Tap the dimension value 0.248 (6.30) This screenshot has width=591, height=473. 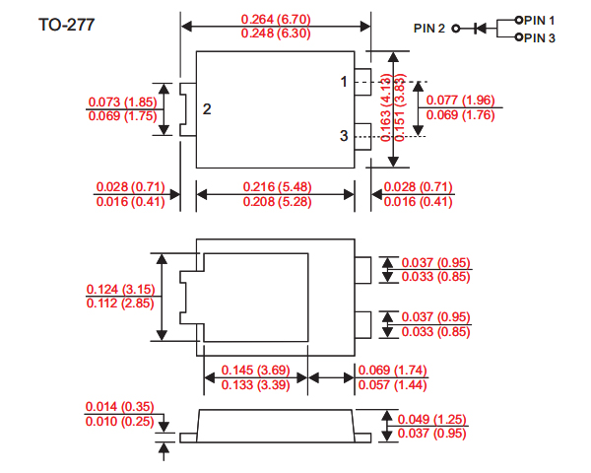click(276, 34)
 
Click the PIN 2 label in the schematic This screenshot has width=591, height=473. click(430, 28)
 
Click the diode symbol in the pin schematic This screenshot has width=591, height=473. click(480, 28)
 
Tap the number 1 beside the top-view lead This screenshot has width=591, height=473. click(344, 82)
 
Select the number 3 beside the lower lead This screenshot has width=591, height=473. click(344, 137)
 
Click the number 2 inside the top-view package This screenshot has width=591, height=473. click(207, 108)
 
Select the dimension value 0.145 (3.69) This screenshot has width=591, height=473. click(255, 370)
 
